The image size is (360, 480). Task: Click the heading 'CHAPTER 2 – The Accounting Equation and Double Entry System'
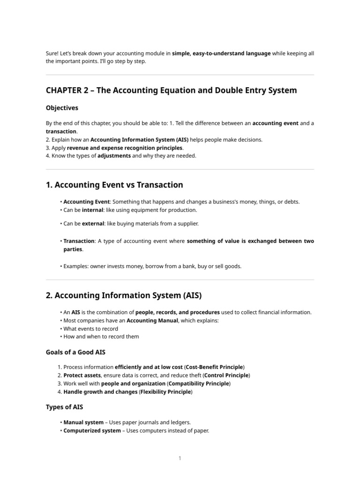171,90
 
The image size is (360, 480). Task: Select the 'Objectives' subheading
62,108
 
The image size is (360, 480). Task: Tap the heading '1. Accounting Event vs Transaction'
114,185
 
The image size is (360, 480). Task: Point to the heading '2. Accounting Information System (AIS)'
124,295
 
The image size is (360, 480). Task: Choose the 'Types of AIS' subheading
64,407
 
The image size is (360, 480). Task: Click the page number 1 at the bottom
180,458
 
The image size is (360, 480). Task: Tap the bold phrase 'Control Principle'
226,375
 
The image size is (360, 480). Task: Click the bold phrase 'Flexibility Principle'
165,392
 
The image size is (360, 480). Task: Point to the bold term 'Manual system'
83,422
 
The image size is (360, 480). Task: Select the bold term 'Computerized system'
92,431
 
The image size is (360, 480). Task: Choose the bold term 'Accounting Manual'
151,321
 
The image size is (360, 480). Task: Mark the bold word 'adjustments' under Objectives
114,156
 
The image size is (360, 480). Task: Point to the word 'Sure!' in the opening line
52,53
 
